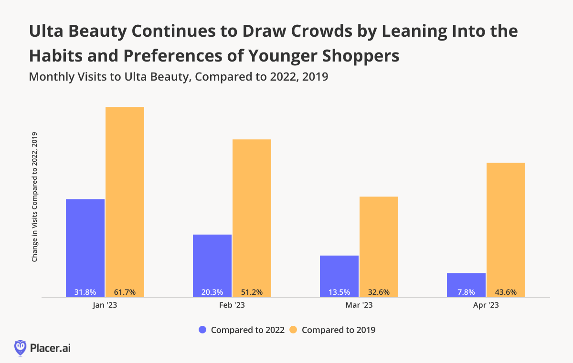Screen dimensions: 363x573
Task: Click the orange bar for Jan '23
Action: pos(125,200)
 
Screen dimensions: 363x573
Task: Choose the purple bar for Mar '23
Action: pos(340,274)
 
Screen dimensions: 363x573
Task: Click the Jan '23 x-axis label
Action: pos(105,306)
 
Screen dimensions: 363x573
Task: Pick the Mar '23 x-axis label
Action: pos(359,306)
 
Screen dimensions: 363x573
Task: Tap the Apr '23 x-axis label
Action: pos(486,306)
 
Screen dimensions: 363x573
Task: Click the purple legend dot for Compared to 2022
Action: pos(202,330)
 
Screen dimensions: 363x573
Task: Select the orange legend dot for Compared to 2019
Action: pos(294,330)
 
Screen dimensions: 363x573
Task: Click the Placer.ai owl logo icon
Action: pos(20,348)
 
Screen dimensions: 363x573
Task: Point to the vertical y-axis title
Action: pos(34,197)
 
